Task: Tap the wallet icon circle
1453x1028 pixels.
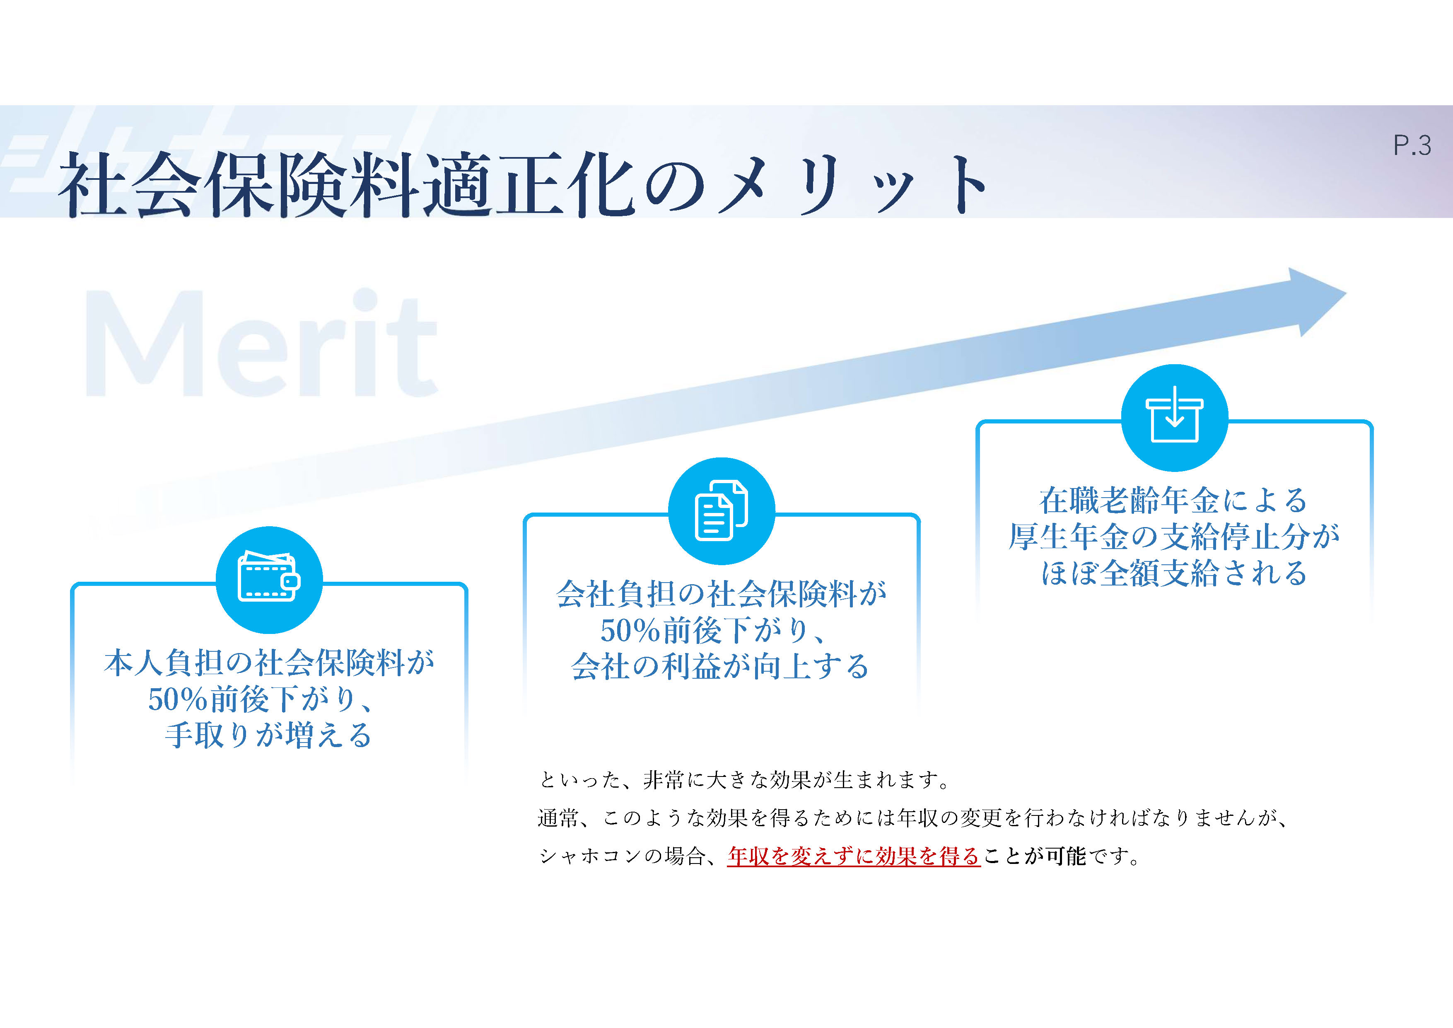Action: click(269, 580)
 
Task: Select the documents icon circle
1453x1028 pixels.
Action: click(722, 511)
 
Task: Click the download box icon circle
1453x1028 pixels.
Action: click(1175, 418)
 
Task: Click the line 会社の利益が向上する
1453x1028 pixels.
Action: click(720, 666)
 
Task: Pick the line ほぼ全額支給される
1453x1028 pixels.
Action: click(1175, 573)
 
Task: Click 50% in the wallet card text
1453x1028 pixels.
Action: click(178, 699)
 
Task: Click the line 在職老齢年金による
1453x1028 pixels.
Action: click(1174, 500)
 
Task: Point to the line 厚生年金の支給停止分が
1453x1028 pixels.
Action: click(1175, 537)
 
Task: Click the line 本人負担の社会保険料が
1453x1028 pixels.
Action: click(269, 663)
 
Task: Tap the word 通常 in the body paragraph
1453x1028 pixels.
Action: click(558, 818)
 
